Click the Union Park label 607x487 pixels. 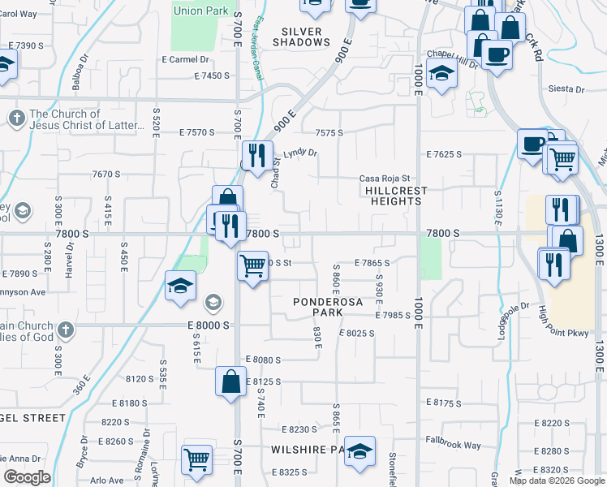pyautogui.click(x=200, y=11)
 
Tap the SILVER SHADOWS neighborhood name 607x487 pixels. pyautogui.click(x=302, y=37)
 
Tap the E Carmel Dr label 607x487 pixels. pyautogui.click(x=186, y=59)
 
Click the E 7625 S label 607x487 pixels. pyautogui.click(x=444, y=153)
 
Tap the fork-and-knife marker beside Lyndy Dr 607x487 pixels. pyautogui.click(x=256, y=154)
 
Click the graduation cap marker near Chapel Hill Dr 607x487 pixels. pyautogui.click(x=442, y=75)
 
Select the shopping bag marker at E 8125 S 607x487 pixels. pyautogui.click(x=230, y=381)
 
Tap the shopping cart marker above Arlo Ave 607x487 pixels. pyautogui.click(x=197, y=460)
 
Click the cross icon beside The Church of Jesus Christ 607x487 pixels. pyautogui.click(x=15, y=119)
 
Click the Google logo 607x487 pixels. pyautogui.click(x=27, y=477)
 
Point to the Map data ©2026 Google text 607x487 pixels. pyautogui.click(x=557, y=481)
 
